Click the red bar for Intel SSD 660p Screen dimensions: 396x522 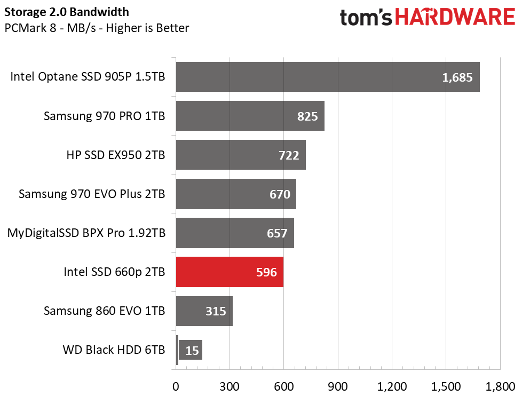(x=230, y=272)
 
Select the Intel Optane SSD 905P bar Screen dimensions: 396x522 (x=327, y=77)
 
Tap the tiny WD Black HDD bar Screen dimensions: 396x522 (x=177, y=351)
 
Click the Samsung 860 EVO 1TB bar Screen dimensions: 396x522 (x=204, y=311)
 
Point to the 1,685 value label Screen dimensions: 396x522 (x=457, y=77)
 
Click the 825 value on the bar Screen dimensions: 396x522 (x=307, y=116)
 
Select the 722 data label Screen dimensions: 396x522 (x=289, y=155)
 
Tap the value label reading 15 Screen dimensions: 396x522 (x=192, y=351)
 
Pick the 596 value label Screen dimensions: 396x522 (x=266, y=272)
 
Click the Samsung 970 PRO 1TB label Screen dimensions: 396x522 (x=104, y=116)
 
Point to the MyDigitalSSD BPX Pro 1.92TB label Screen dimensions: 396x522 (x=86, y=233)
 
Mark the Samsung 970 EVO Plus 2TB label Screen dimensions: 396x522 (x=92, y=194)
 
